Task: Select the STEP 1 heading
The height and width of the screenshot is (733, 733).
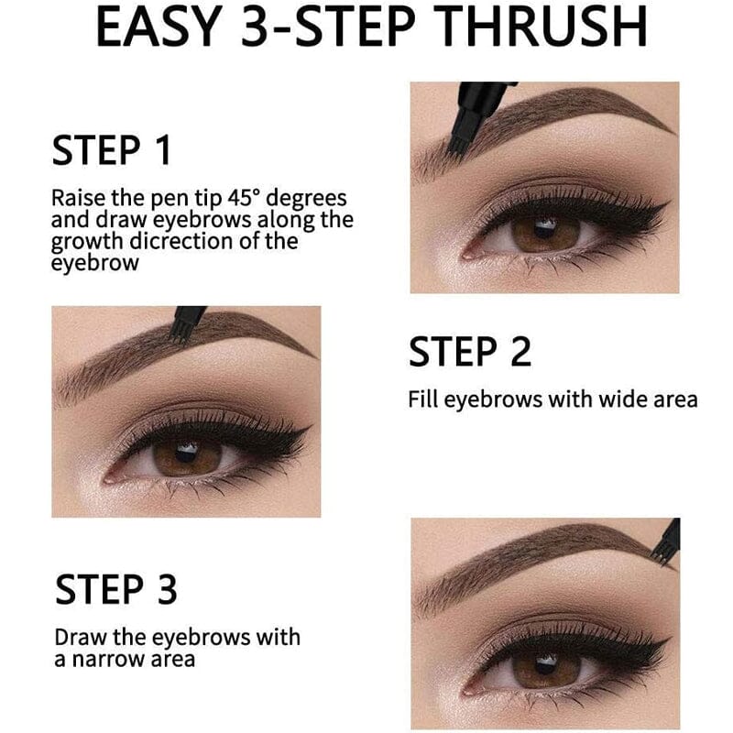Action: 112,149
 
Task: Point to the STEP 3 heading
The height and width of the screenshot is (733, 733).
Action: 115,589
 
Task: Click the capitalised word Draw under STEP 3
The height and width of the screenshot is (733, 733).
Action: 74,637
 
